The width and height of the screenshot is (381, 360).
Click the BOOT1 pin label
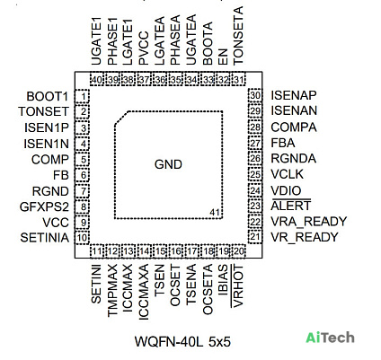point(48,96)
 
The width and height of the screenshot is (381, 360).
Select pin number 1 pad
point(82,96)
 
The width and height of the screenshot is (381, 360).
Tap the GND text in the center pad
point(168,164)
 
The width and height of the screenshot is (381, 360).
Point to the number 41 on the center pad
point(215,212)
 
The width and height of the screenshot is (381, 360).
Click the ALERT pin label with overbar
point(291,206)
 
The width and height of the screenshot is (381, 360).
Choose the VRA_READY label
point(309,222)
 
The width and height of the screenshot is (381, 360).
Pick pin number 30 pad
point(255,95)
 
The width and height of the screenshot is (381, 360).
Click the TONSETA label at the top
point(238,36)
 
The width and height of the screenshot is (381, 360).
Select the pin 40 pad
point(97,79)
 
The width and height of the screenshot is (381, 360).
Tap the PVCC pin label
point(144,48)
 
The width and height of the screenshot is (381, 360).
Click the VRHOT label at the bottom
point(237,285)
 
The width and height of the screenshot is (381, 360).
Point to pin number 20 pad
point(238,251)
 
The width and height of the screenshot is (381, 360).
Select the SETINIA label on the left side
point(45,238)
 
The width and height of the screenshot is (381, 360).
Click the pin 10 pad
point(82,238)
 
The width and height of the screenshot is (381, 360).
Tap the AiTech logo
point(330,338)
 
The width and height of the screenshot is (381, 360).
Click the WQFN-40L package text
point(169,341)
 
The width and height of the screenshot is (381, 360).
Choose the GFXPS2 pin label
point(44,206)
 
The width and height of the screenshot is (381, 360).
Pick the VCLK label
point(287,174)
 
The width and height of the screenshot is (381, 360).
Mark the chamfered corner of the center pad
point(121,119)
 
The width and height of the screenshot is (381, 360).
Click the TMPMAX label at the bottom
point(112,290)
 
